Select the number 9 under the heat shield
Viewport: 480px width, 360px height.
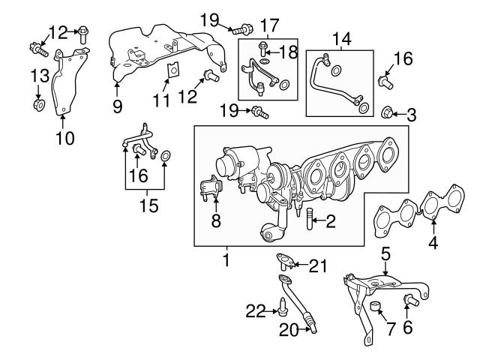117,106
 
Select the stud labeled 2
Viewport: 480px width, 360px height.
309,220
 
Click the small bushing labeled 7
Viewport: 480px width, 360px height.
377,307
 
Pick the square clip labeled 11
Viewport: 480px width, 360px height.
172,70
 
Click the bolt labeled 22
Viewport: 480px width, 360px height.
280,306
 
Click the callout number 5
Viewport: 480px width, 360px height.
385,254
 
